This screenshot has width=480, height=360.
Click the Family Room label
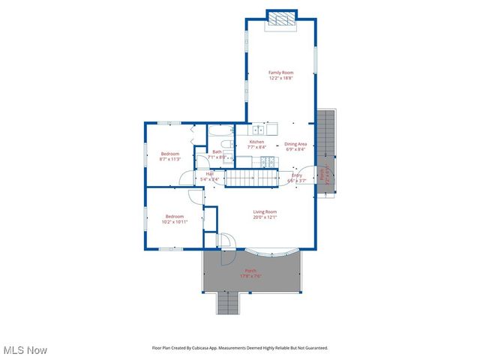tap(280, 73)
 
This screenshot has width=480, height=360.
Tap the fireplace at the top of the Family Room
tap(282, 19)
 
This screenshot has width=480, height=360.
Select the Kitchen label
tap(256, 142)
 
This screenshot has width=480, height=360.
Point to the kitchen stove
tap(265, 160)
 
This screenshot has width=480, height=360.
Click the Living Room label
tap(264, 212)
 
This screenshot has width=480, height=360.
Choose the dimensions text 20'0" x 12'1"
tap(264, 217)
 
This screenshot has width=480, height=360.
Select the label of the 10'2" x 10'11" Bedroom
tap(174, 217)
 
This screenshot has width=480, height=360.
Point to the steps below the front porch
tap(227, 303)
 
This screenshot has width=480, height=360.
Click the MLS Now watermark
tap(25, 350)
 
